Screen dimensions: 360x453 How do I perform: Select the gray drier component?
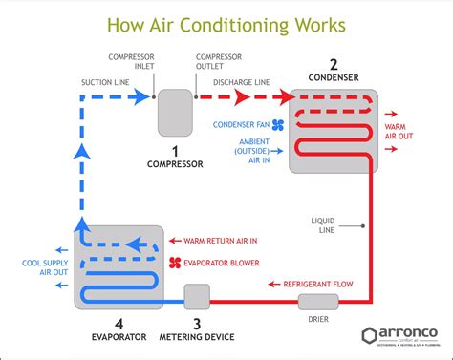tap(313, 302)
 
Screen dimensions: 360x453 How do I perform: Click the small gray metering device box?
tap(197, 297)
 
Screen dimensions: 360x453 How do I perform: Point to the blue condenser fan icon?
tap(278, 124)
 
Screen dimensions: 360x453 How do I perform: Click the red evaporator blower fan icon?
tap(176, 262)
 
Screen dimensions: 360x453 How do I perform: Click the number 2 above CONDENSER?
tap(333, 66)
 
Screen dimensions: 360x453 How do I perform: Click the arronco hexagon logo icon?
tap(370, 335)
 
